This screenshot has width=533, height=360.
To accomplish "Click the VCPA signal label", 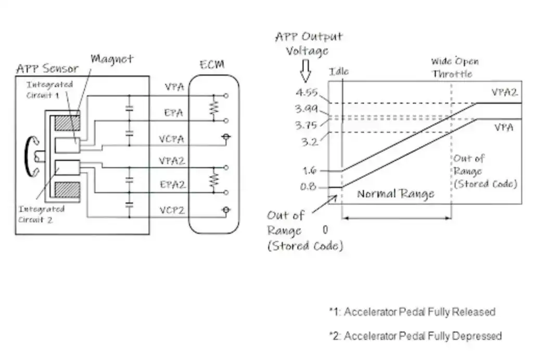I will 173,139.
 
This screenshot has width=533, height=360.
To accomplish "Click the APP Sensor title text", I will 47,69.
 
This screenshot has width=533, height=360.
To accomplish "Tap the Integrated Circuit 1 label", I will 50,89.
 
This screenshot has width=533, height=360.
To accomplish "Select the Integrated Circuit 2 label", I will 42,213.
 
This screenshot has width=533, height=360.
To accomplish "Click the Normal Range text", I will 396,194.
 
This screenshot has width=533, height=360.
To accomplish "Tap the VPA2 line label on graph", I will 504,93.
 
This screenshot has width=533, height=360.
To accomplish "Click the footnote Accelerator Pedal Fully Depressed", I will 415,336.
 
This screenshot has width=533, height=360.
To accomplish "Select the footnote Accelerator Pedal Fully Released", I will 412,312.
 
